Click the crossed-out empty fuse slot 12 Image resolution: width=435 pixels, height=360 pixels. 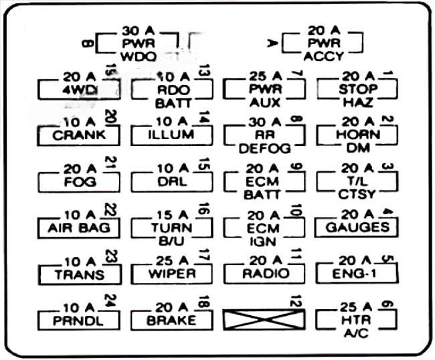click(264, 320)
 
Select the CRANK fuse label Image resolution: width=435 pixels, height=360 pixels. click(79, 135)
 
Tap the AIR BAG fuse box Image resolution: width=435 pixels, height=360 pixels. click(79, 228)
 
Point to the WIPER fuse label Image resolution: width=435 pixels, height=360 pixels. click(172, 274)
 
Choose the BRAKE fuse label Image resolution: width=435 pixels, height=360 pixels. click(172, 320)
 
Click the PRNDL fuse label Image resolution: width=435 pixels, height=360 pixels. click(79, 320)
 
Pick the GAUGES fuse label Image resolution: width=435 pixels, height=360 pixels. click(357, 228)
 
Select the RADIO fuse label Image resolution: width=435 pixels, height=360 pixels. click(264, 274)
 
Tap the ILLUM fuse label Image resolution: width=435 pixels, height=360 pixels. click(172, 135)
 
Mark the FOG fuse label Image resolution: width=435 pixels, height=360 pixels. click(79, 181)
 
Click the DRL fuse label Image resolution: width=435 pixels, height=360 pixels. click(172, 181)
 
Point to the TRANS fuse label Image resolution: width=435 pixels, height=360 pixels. click(79, 274)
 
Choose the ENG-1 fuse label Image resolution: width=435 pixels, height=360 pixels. click(357, 274)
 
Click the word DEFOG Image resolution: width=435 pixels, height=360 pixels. click(264, 149)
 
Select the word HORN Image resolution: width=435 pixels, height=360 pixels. click(357, 135)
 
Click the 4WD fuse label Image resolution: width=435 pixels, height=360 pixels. click(79, 89)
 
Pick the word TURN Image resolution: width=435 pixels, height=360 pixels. click(172, 228)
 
